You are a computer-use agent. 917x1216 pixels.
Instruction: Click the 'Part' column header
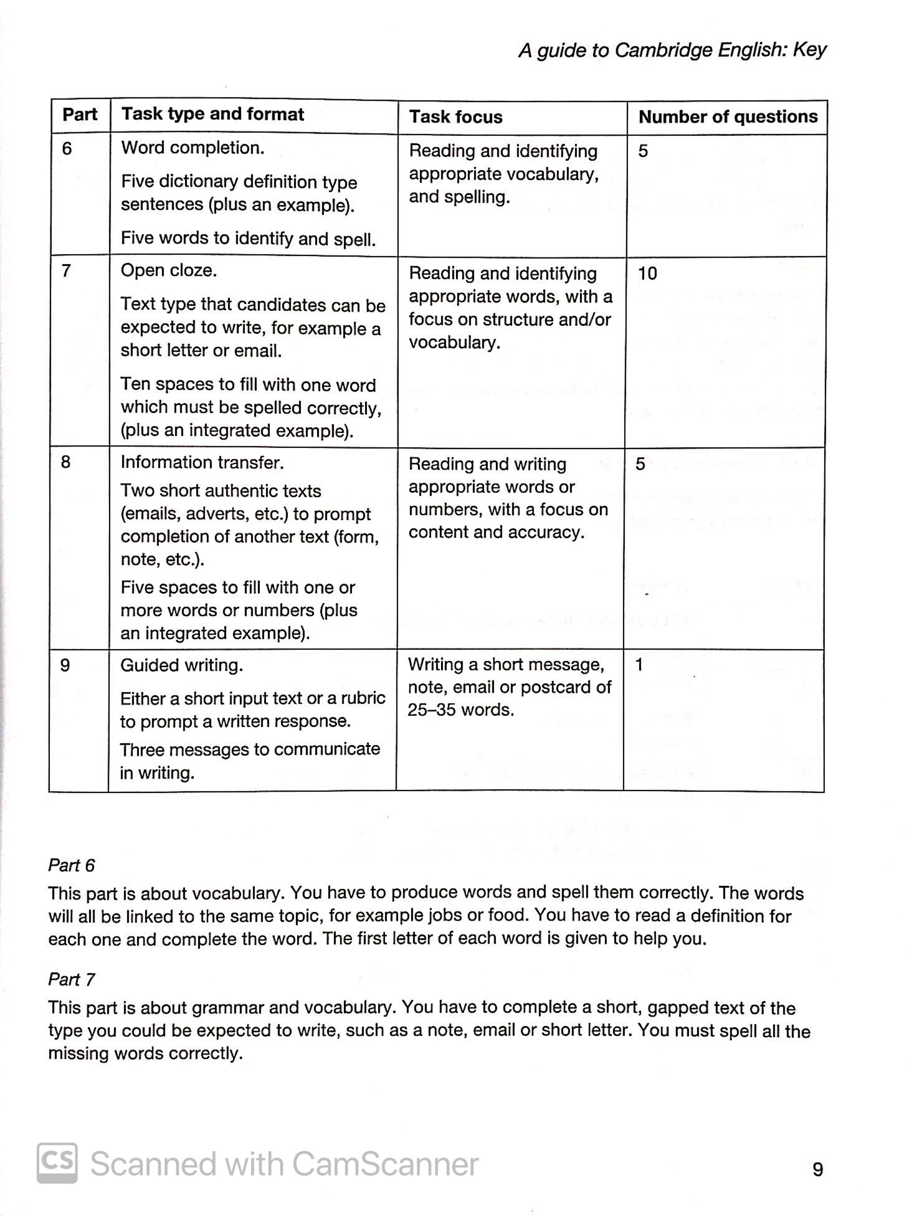(x=80, y=115)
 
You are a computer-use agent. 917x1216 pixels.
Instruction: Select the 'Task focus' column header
(x=455, y=117)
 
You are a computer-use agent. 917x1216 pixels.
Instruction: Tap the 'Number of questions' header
(x=728, y=117)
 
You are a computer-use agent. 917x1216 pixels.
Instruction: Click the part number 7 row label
(x=65, y=271)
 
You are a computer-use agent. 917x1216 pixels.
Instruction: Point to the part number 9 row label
(x=65, y=665)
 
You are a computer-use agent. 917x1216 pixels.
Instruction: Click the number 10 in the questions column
(x=647, y=273)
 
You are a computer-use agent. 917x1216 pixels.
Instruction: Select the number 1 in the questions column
(x=639, y=665)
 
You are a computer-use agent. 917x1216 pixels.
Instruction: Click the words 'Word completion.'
(x=192, y=148)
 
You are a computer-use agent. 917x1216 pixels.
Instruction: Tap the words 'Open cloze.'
(x=169, y=271)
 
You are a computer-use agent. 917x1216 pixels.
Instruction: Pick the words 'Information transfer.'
(x=202, y=462)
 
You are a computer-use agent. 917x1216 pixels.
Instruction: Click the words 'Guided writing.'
(x=181, y=665)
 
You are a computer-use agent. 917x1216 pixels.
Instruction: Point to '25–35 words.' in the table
(x=460, y=710)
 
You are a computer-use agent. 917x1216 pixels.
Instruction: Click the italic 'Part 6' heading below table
(x=72, y=865)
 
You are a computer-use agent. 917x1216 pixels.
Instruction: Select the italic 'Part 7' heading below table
(x=72, y=979)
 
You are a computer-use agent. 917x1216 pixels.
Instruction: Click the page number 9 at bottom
(x=817, y=1170)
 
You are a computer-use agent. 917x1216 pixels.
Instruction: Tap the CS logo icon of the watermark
(x=57, y=1162)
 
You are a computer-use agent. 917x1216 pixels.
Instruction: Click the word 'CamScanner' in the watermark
(x=384, y=1164)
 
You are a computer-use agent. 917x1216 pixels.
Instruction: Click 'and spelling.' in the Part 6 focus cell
(x=459, y=197)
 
